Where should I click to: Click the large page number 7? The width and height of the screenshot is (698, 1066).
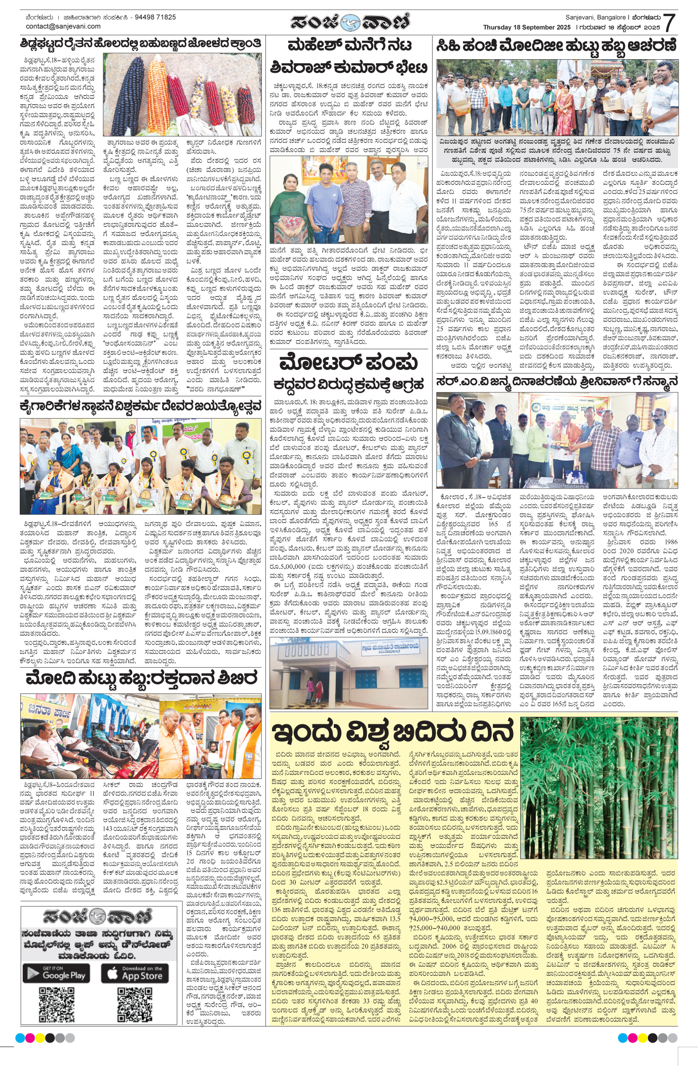coord(669,23)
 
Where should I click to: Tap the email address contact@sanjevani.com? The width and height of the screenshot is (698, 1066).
coord(63,26)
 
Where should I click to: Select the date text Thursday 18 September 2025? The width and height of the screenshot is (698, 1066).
coord(527,27)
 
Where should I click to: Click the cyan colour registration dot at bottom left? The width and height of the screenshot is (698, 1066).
coord(20,1038)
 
